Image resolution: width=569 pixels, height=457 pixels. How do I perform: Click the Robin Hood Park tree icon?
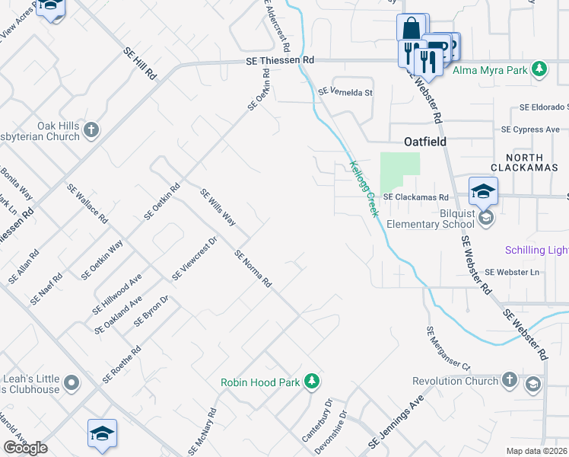(x=311, y=381)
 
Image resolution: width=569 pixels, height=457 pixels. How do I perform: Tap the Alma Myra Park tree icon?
(x=539, y=70)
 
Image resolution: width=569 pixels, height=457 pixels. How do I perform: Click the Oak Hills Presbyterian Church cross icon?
(x=91, y=130)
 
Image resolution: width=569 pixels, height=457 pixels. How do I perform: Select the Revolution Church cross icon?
(x=510, y=380)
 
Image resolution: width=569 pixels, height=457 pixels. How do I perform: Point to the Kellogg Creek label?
(x=364, y=188)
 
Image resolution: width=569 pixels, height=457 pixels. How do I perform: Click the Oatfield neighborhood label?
(x=424, y=142)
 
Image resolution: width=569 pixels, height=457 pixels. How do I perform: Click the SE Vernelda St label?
(x=345, y=92)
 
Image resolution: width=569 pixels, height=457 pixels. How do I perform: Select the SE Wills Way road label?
(x=218, y=208)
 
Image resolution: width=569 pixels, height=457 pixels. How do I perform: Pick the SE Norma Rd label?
(x=253, y=268)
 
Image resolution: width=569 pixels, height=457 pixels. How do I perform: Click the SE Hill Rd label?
(x=139, y=63)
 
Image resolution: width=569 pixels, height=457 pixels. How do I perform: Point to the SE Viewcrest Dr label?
(x=195, y=257)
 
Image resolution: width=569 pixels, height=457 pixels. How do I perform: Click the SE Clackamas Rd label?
(x=415, y=197)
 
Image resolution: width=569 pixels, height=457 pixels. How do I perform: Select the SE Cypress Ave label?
(x=536, y=129)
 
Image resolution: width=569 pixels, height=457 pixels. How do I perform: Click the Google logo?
(x=26, y=449)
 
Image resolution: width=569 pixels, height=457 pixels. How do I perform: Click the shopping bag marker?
(x=412, y=29)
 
